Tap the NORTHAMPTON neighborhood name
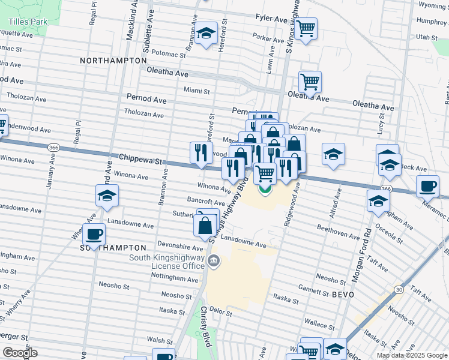coord(113,61)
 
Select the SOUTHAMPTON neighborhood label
coord(113,247)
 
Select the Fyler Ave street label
coord(271,19)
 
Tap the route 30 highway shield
coord(399,290)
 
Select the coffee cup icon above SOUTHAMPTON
coord(94,233)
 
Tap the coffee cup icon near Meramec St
coord(427,186)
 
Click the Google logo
coord(20,353)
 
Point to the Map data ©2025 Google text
coord(412,355)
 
